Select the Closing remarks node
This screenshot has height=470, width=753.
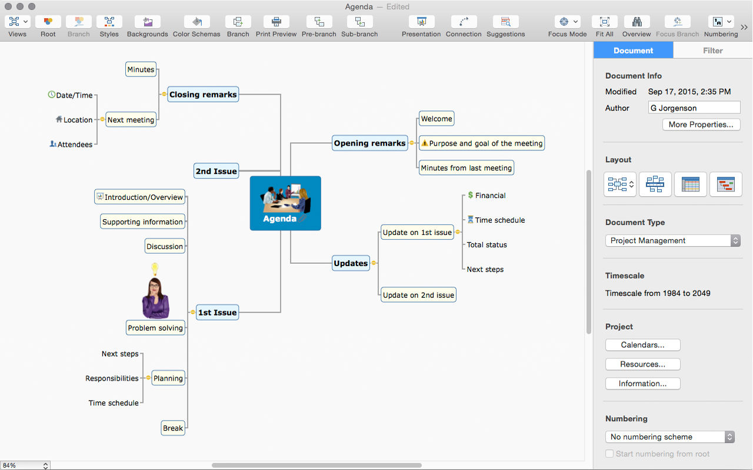pos(203,95)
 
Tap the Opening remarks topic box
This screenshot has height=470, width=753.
pos(370,143)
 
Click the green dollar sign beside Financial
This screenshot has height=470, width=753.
pos(470,195)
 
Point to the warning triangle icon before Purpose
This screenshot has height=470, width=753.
pos(425,143)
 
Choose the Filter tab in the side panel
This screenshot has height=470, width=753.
pos(712,51)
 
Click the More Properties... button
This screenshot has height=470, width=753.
pos(701,125)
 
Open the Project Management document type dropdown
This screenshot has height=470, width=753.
pos(672,240)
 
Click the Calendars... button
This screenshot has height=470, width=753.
pos(643,345)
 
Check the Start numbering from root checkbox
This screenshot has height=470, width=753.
pos(609,454)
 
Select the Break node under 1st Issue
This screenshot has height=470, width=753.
pos(173,428)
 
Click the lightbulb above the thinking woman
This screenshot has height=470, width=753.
pos(155,268)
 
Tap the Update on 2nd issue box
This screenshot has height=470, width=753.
pos(418,295)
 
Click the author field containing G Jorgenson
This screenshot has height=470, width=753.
pos(694,108)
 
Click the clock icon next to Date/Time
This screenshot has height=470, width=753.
pos(51,95)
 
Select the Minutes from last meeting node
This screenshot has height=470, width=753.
pos(467,167)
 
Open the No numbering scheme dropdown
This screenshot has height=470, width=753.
pos(670,437)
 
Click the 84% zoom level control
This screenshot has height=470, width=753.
pos(25,465)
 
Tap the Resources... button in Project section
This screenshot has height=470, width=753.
pos(643,364)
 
